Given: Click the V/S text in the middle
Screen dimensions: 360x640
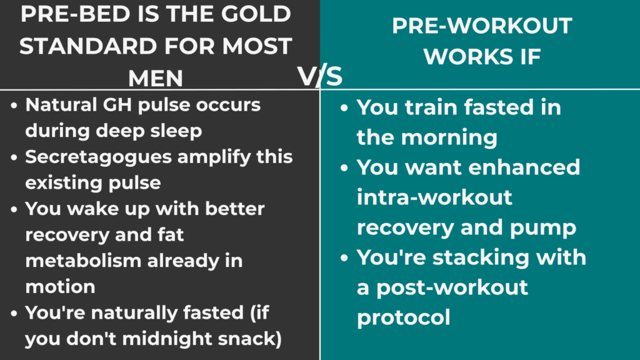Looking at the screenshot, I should (x=319, y=76).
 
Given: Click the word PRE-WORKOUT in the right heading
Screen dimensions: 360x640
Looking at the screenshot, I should (x=482, y=26).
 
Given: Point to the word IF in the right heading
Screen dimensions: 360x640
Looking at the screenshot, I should (x=527, y=57).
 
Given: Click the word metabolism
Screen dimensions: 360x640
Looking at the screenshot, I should (x=84, y=260).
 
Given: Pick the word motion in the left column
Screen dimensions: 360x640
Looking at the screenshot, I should (x=60, y=286).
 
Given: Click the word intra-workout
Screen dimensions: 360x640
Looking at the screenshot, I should (x=434, y=197).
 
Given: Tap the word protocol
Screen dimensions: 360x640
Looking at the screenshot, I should (x=403, y=317).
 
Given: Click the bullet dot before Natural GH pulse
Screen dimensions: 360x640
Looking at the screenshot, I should (x=14, y=105).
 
